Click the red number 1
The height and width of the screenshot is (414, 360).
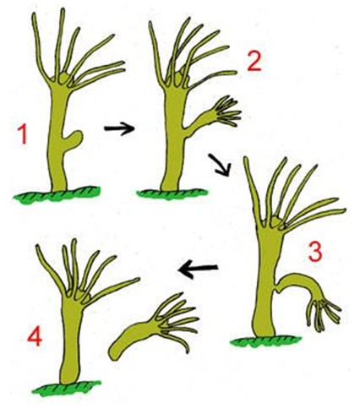tap(22, 135)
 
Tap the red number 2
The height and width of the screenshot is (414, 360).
tap(254, 63)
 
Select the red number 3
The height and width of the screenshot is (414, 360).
tap(315, 252)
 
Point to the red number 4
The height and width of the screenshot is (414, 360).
tap(35, 337)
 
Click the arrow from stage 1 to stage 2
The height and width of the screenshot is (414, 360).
tap(119, 128)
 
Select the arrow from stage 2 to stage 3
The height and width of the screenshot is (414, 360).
tap(220, 165)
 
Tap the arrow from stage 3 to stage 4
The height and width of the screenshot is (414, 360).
tap(198, 269)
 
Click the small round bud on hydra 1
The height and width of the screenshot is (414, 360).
tap(74, 139)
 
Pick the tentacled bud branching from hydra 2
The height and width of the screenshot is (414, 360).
tap(214, 117)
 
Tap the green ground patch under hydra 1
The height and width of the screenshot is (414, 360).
tap(57, 193)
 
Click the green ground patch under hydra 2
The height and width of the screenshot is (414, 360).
tap(172, 193)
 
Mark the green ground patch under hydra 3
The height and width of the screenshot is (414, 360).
tap(265, 341)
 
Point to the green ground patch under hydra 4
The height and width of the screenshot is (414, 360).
tap(67, 387)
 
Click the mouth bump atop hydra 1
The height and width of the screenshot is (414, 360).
tap(64, 78)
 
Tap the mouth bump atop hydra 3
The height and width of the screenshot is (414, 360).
tap(276, 221)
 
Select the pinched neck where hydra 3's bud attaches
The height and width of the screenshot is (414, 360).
tap(278, 290)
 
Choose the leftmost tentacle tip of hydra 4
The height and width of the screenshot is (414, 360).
tap(37, 247)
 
